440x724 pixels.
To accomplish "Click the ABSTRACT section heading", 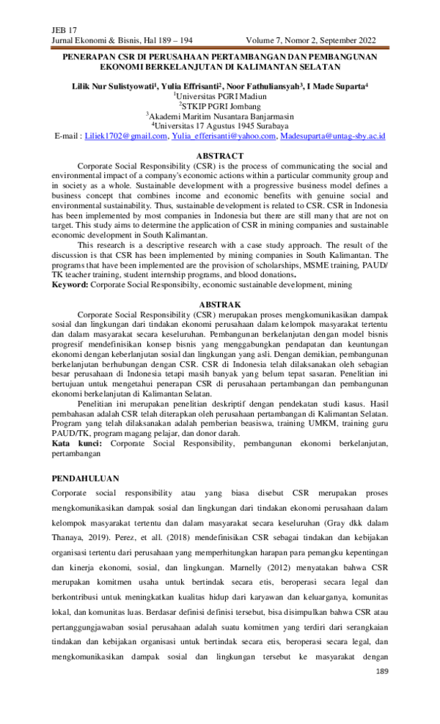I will [220, 155].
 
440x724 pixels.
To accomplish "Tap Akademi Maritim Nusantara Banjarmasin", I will [220, 116].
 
